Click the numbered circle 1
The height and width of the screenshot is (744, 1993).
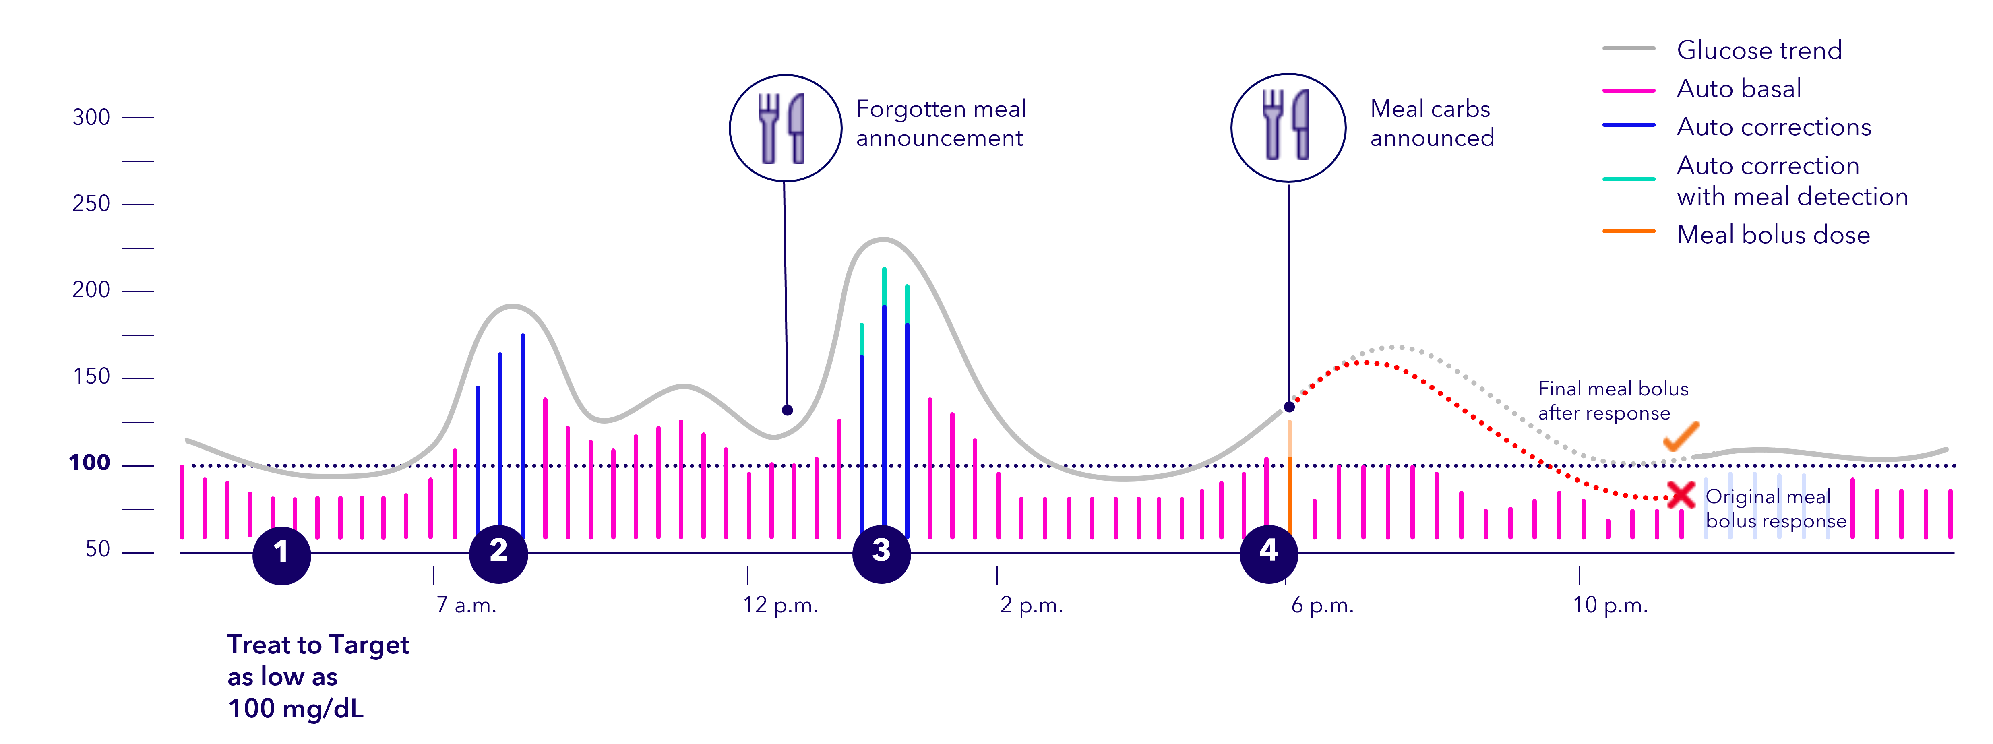pos(281,554)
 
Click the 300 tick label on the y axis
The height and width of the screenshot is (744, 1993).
pos(91,118)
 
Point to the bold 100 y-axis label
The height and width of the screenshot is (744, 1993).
pos(90,463)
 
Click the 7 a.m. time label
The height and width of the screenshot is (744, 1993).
pos(466,605)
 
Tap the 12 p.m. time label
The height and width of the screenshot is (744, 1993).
pos(780,605)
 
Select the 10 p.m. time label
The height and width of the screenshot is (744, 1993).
pos(1610,605)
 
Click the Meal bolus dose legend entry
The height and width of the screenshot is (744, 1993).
pos(1772,234)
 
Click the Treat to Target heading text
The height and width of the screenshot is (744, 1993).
pos(318,645)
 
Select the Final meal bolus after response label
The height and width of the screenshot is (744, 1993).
pos(1613,401)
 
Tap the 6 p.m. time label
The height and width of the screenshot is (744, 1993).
pos(1322,605)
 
